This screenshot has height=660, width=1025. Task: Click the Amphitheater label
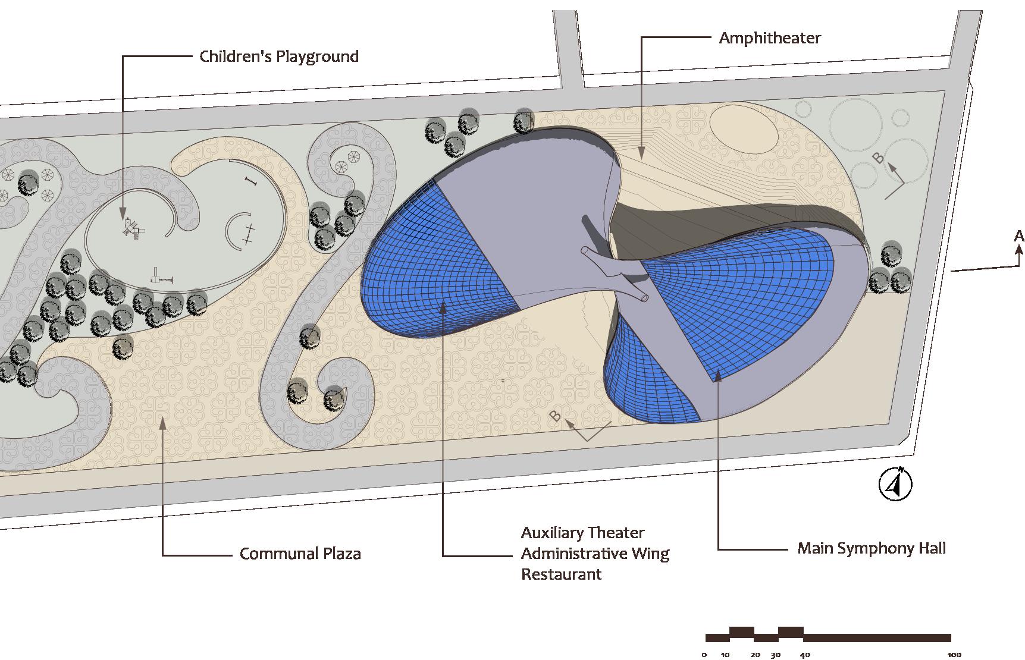pos(769,38)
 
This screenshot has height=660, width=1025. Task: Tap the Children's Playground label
pos(278,56)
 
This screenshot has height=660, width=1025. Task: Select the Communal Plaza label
pos(300,554)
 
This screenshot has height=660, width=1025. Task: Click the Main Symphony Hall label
pos(871,548)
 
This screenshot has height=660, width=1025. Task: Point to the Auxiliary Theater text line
pos(582,533)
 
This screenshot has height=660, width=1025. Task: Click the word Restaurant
pos(561,574)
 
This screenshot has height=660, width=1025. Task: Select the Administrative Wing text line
pos(595,554)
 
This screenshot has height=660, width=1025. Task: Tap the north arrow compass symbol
pos(895,485)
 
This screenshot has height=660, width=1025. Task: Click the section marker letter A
pos(1018,237)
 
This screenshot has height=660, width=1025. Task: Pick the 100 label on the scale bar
pos(954,655)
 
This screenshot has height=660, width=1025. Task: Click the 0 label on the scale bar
pos(704,655)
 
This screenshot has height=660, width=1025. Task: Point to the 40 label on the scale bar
pos(804,655)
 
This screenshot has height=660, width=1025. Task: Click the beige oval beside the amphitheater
pos(744,128)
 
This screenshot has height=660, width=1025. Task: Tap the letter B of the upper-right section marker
pos(877,158)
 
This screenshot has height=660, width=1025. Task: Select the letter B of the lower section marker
pos(555,416)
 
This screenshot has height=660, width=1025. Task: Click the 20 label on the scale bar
pos(755,655)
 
